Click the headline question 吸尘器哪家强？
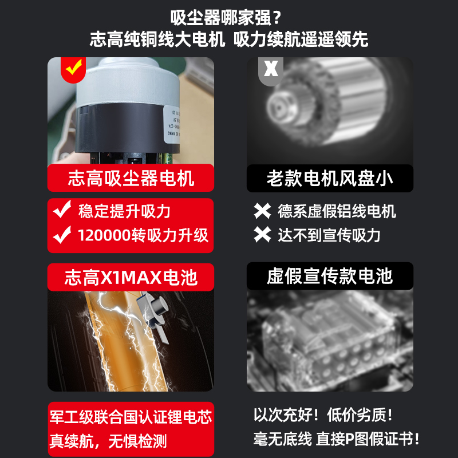click(x=229, y=17)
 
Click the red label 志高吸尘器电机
click(x=131, y=178)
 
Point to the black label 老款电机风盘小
click(x=330, y=178)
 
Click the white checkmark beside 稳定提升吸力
click(x=62, y=211)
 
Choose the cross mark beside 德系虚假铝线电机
click(x=263, y=211)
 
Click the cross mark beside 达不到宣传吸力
click(x=263, y=235)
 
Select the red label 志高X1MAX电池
click(x=131, y=277)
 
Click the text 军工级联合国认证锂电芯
click(x=131, y=417)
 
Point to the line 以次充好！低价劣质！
click(x=323, y=414)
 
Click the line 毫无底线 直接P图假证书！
click(x=337, y=439)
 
